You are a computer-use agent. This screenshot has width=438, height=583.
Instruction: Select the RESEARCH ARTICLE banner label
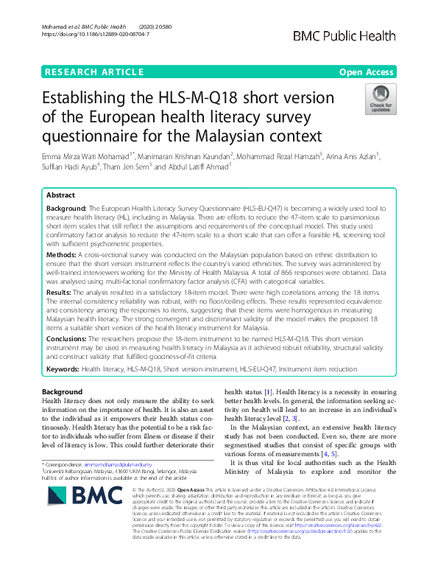[x=94, y=71]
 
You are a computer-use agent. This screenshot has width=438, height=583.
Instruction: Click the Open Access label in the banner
[x=367, y=71]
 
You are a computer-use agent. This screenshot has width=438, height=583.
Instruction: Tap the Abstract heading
[x=60, y=196]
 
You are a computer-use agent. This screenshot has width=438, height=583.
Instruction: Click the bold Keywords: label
[x=63, y=368]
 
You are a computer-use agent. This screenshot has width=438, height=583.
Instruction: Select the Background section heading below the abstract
[x=62, y=391]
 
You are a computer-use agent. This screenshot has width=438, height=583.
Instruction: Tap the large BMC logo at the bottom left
[x=76, y=507]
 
